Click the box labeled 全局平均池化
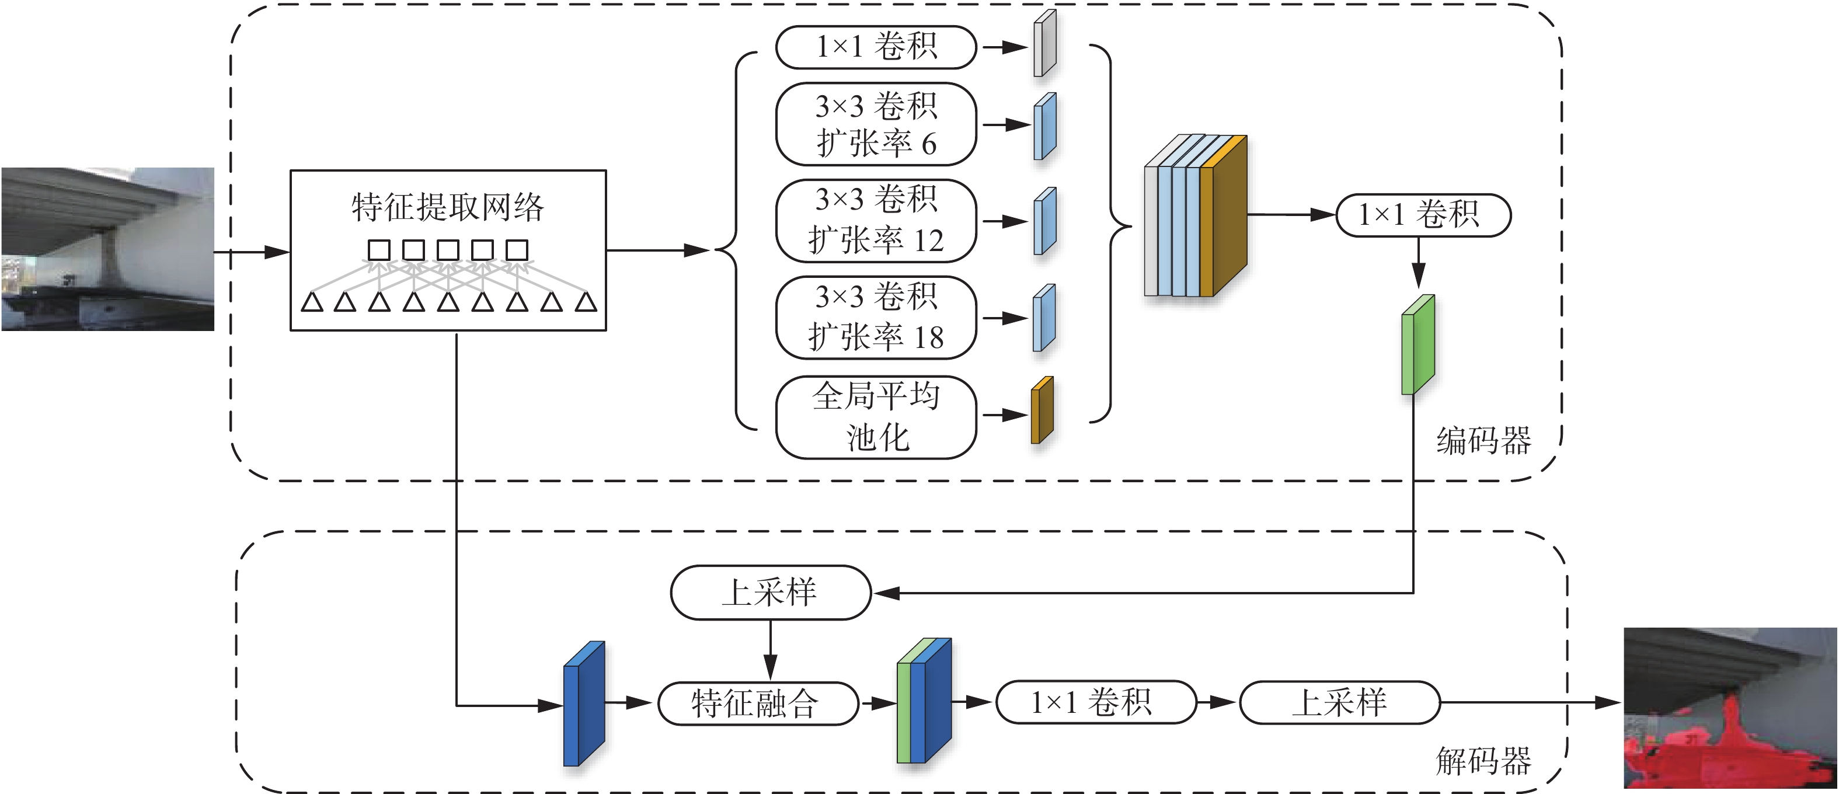[876, 417]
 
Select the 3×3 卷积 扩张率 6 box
[876, 124]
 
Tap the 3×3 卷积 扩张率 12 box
[876, 221]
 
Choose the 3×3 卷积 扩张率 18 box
[876, 318]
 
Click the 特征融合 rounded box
[757, 704]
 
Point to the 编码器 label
[1483, 441]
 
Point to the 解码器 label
[1483, 761]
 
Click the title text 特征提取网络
[448, 208]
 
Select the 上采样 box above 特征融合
[770, 593]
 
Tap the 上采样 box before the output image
[1339, 702]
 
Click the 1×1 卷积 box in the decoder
[1095, 702]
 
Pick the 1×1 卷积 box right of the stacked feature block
[1423, 215]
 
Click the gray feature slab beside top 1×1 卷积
[1044, 44]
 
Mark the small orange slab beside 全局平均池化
[1042, 411]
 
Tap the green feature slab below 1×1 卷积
[1417, 346]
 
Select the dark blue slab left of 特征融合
[583, 704]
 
